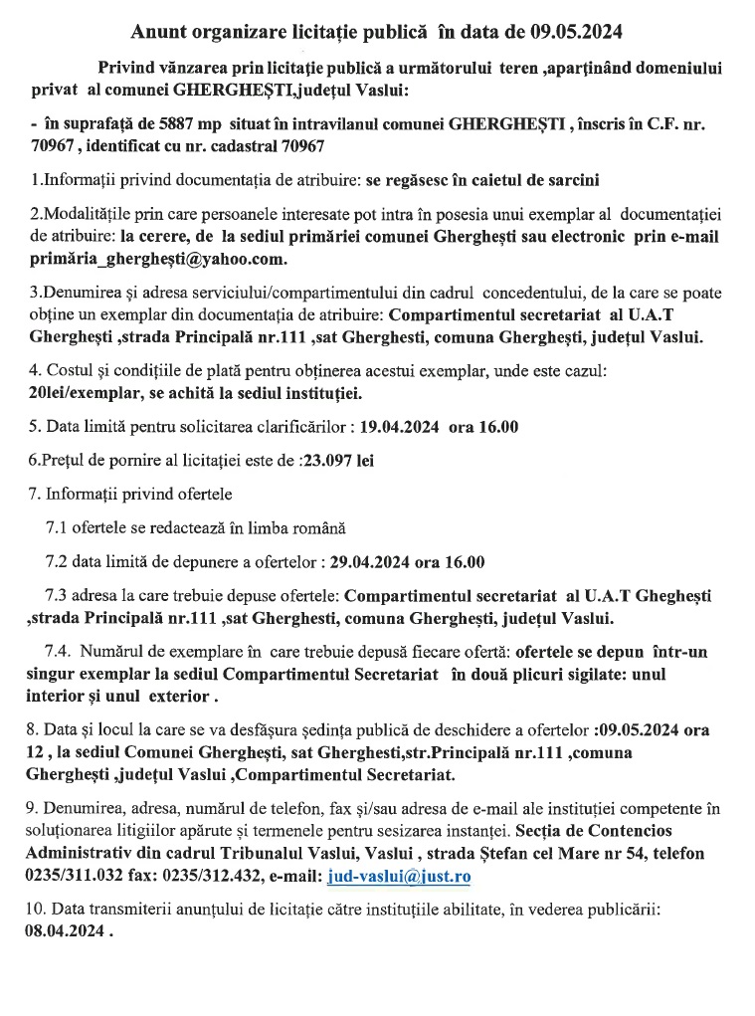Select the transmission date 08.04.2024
coord(65,933)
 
